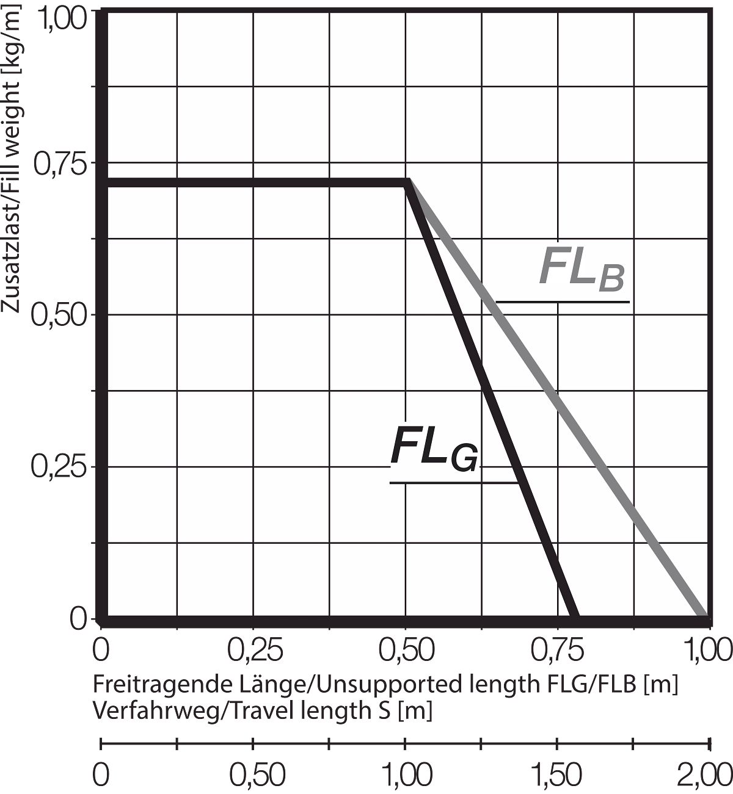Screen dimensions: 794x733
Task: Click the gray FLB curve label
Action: coord(582,269)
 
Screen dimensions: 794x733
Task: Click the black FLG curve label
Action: coord(434,450)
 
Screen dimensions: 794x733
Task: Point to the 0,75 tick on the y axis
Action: coord(59,164)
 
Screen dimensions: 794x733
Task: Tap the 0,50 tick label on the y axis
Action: coord(59,316)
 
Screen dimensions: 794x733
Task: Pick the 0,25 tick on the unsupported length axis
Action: coord(255,651)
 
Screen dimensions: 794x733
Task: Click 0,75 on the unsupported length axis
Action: coord(559,651)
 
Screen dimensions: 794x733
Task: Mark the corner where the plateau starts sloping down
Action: coord(407,182)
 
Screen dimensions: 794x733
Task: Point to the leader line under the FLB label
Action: coord(562,302)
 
